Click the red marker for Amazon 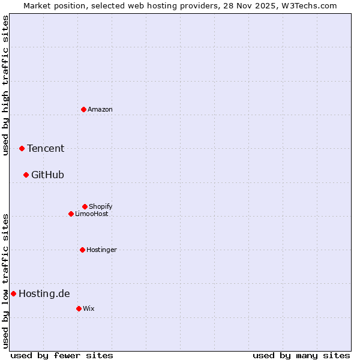pos(84,109)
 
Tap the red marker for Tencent pos(22,148)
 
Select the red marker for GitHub pos(26,175)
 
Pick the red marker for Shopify pos(85,206)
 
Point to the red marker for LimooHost pos(71,214)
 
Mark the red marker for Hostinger pos(82,250)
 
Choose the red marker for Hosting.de pos(13,293)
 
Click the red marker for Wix pos(79,308)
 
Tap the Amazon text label pos(100,109)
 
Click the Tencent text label pos(46,148)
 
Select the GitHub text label pos(47,175)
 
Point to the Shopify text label pos(101,206)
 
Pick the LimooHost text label pos(92,214)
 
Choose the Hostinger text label pos(101,250)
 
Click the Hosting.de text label pos(44,293)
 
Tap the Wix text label pos(89,308)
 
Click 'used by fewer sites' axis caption pos(62,355)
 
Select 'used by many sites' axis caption pos(301,355)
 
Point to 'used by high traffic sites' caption pos(6,85)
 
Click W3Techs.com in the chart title pos(308,5)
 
